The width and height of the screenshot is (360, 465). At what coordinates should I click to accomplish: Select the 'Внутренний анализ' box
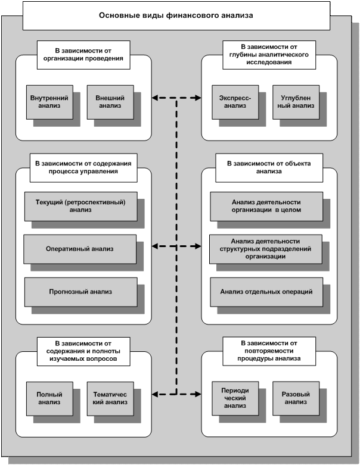(49, 101)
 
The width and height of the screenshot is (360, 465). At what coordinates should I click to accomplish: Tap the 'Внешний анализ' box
(108, 101)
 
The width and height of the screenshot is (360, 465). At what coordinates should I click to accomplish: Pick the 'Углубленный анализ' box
(293, 101)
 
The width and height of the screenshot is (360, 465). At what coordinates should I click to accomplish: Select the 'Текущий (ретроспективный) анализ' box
(80, 205)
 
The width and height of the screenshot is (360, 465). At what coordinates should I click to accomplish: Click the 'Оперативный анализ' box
(80, 248)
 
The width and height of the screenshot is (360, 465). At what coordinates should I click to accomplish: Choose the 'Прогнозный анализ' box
(80, 292)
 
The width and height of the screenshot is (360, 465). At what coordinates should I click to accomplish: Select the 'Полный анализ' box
(49, 398)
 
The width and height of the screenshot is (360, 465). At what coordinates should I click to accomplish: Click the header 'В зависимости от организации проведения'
(83, 55)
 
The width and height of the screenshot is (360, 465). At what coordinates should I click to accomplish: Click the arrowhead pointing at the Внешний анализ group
(155, 97)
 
